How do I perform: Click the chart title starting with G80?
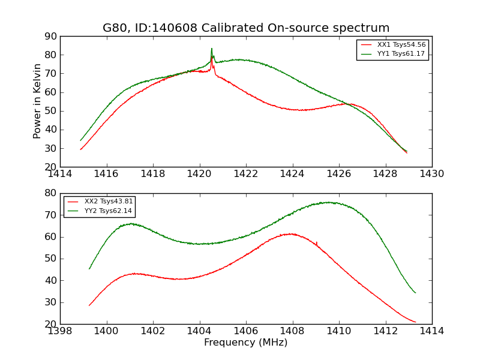246,28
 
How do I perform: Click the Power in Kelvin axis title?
37,101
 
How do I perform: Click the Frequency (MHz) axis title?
246,343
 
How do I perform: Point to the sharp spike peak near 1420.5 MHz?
211,49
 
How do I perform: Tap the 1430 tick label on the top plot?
431,174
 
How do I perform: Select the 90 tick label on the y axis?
50,37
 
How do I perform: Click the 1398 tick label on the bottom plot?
61,331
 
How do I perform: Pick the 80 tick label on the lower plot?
50,193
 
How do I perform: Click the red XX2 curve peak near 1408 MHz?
290,233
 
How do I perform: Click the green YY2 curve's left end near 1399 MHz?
89,268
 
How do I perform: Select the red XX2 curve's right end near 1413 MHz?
415,322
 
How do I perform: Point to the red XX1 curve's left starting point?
80,149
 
